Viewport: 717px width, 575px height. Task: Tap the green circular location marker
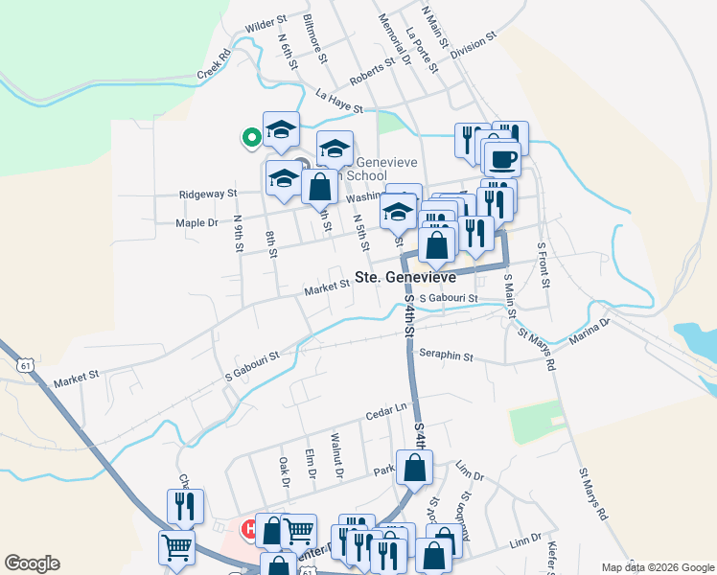[251, 138]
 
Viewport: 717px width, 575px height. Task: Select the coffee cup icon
[501, 157]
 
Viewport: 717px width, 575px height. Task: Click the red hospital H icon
[249, 528]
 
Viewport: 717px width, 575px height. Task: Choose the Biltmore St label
[315, 38]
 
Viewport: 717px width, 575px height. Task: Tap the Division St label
[473, 45]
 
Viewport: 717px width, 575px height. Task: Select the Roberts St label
[372, 73]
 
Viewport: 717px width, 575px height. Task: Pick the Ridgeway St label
[208, 194]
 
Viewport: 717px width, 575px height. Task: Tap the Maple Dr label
[197, 222]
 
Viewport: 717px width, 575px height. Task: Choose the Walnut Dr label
[336, 455]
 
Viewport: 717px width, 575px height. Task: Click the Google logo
[32, 563]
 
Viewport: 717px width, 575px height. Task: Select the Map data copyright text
[658, 567]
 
